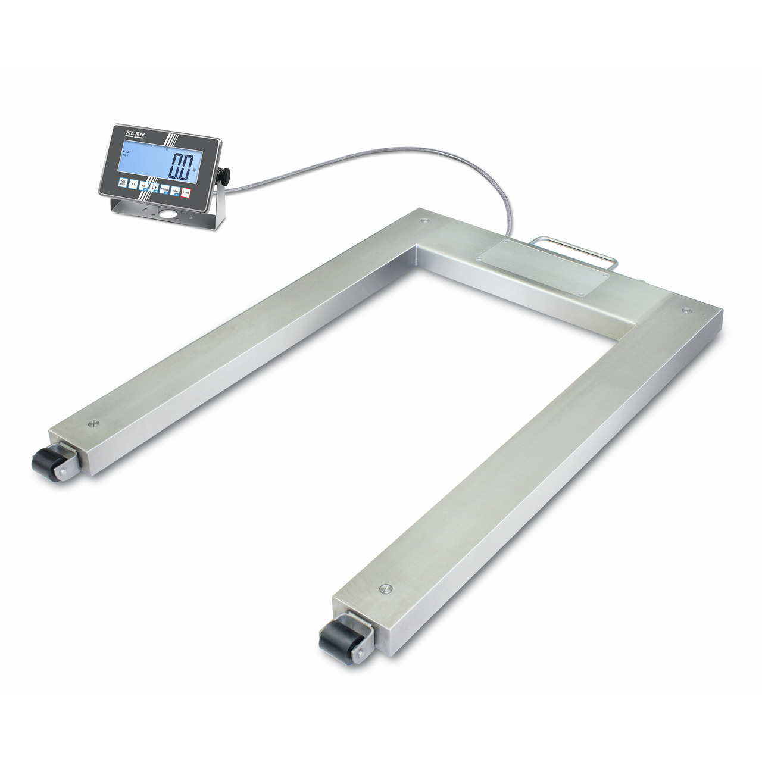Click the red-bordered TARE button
pos(186,192)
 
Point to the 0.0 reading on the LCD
pos(182,165)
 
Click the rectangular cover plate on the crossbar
pos(543,267)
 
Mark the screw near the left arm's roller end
pos(93,424)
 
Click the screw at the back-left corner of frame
pos(424,221)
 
